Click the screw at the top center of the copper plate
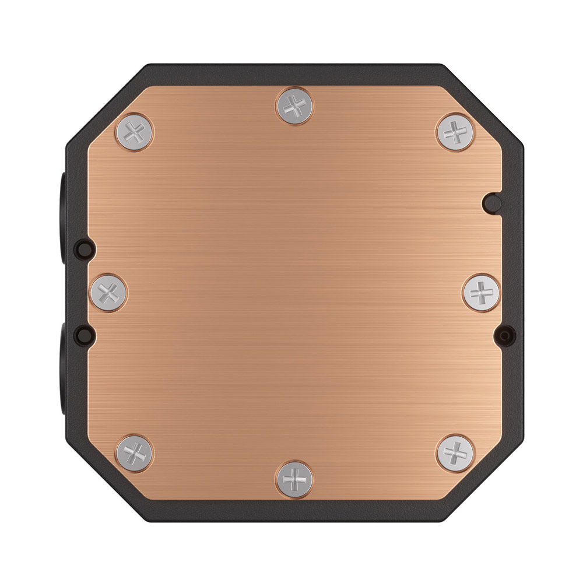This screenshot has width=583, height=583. [296, 106]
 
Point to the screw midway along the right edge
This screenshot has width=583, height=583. [481, 290]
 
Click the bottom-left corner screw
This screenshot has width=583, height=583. [135, 452]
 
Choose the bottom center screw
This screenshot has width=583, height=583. [296, 477]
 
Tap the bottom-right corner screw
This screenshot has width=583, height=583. [455, 452]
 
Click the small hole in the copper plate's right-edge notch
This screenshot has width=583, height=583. [493, 202]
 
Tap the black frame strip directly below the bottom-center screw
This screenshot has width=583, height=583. [296, 508]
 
